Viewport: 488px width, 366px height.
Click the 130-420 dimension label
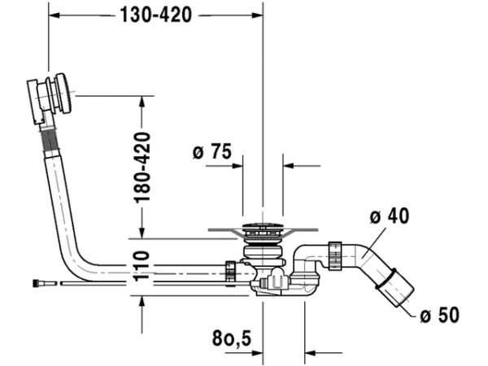tap(155, 15)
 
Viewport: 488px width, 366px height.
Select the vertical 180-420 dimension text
tap(142, 168)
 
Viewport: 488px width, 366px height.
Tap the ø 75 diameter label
tap(212, 151)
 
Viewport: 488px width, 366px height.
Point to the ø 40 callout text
tap(390, 216)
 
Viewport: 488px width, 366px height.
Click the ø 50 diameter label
tap(439, 315)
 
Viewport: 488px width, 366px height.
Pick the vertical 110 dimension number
tap(142, 266)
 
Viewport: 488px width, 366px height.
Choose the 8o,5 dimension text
tap(232, 338)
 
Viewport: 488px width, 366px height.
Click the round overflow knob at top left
tap(64, 94)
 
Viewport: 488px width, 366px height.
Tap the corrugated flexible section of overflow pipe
tap(50, 139)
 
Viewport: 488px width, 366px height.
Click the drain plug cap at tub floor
tap(263, 227)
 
